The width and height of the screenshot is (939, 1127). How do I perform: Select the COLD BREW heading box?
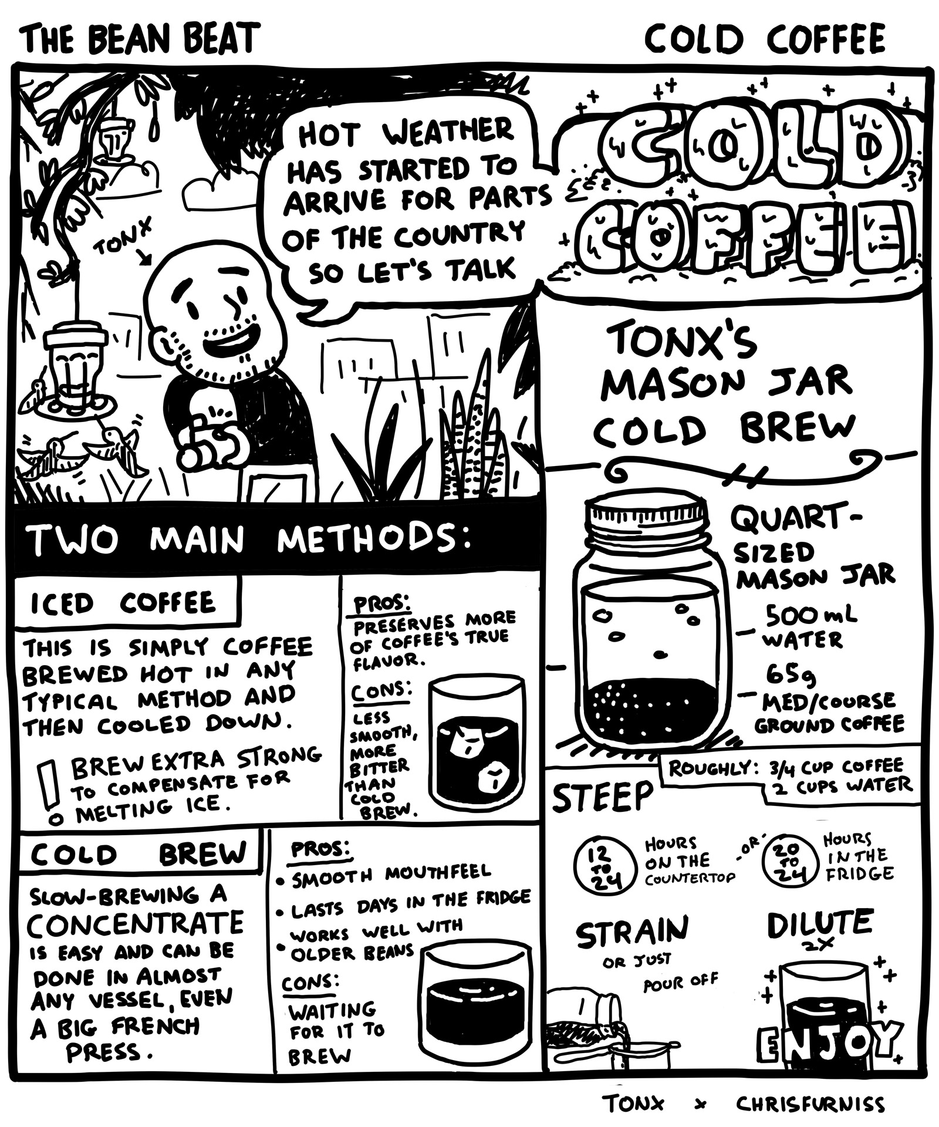click(138, 854)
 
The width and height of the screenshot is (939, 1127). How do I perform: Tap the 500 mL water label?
click(808, 627)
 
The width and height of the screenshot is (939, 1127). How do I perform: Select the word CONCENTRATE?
click(135, 923)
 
